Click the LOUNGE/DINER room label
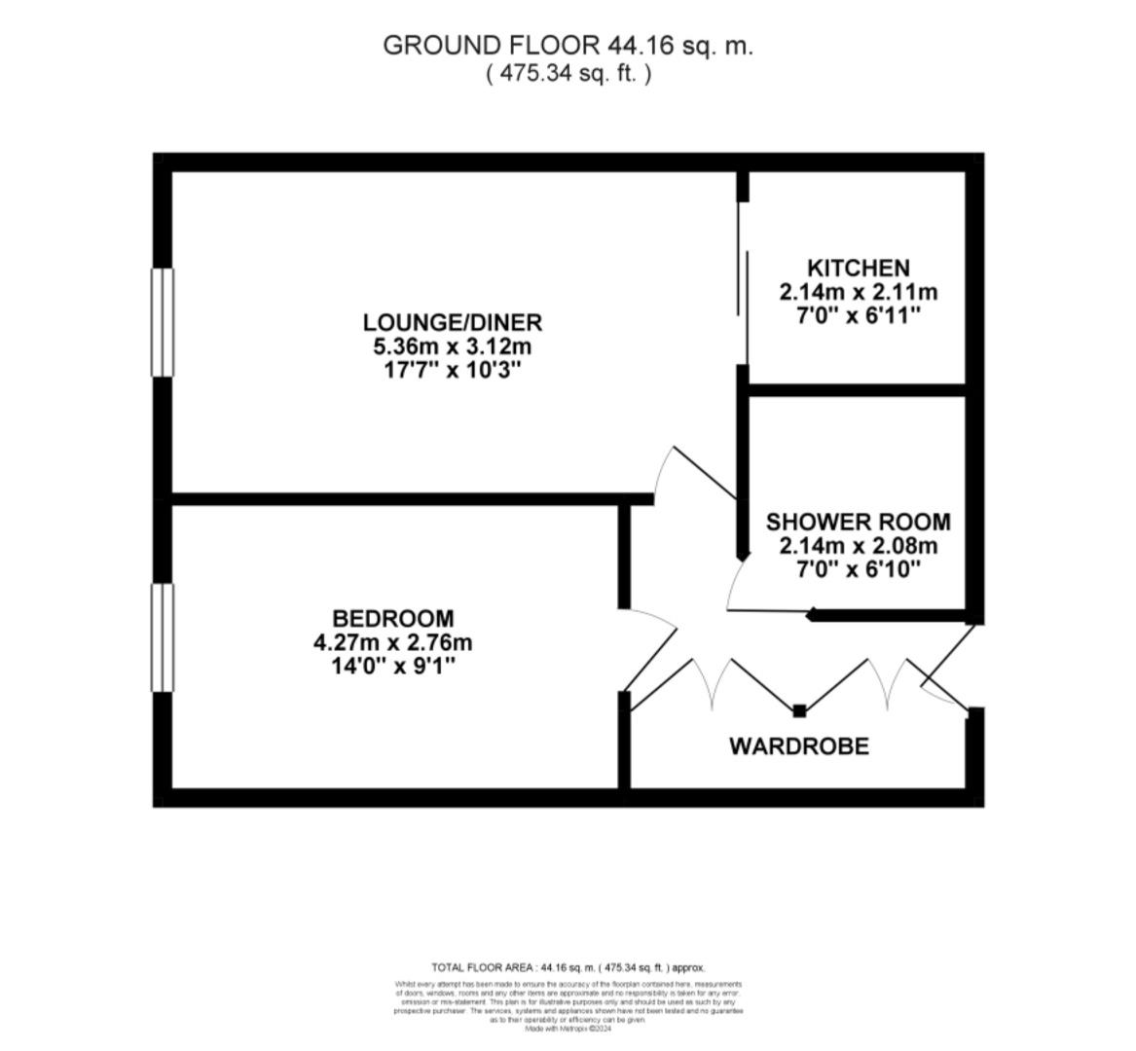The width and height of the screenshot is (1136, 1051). click(x=452, y=322)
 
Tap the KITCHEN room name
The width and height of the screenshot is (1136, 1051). click(x=858, y=268)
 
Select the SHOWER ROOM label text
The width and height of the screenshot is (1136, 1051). click(x=858, y=522)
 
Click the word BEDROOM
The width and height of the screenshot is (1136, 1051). click(x=392, y=618)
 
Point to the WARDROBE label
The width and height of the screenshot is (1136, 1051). click(x=798, y=746)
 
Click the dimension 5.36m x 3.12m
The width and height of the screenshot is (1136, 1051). click(x=452, y=346)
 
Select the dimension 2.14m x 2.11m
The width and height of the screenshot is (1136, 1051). click(x=858, y=292)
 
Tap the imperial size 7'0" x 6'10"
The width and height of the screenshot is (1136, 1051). click(x=858, y=569)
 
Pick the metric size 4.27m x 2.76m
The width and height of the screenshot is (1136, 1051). click(x=392, y=642)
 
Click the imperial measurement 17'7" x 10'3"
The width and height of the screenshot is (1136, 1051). click(x=452, y=371)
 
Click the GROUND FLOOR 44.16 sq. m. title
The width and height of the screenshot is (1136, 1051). click(x=568, y=46)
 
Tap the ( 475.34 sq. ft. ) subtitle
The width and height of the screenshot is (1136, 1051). click(x=568, y=73)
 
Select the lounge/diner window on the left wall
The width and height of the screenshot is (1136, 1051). click(x=162, y=322)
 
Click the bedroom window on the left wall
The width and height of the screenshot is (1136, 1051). click(x=162, y=637)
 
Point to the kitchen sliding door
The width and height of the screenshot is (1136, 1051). click(x=743, y=282)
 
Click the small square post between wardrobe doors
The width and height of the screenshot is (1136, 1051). click(x=799, y=710)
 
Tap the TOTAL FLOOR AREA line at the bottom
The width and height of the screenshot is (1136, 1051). click(x=568, y=967)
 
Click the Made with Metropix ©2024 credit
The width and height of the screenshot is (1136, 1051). click(x=568, y=1029)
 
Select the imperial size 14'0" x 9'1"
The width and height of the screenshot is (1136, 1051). click(x=392, y=667)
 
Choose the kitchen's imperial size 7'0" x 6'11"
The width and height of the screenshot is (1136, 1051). click(x=858, y=316)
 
